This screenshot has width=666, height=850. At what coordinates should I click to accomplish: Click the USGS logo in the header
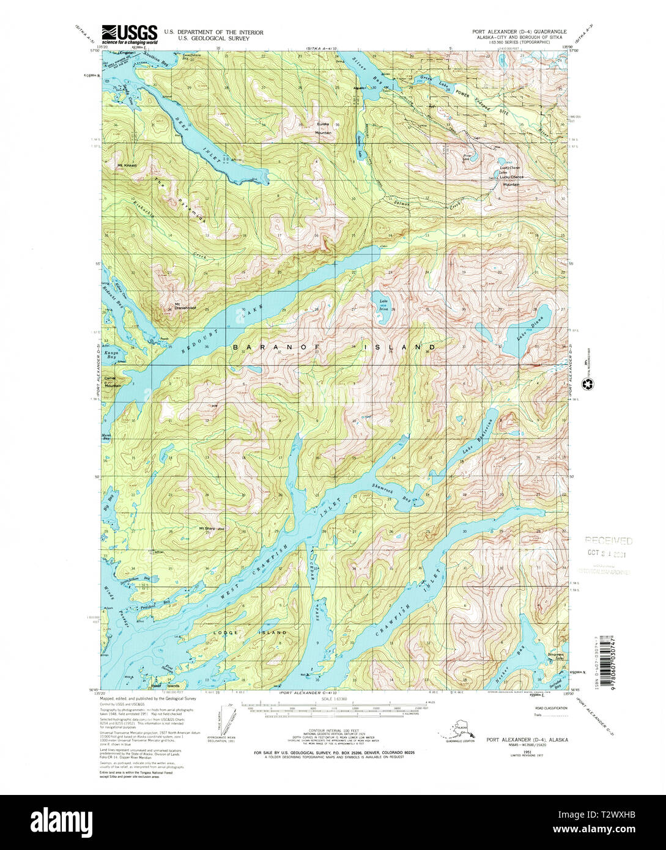[129, 35]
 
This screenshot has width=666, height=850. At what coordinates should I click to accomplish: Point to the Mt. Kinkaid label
[128, 165]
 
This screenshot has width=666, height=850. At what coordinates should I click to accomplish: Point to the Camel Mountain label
[113, 382]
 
